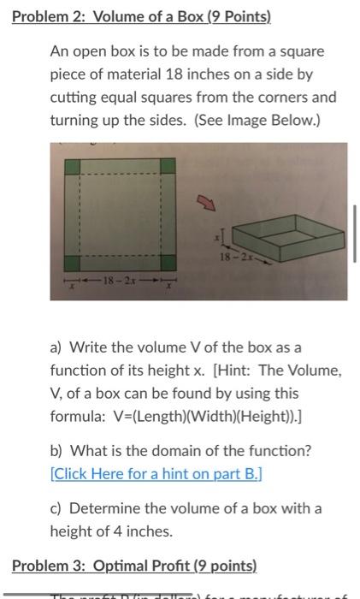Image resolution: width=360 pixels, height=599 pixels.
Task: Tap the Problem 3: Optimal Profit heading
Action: tap(134, 566)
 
